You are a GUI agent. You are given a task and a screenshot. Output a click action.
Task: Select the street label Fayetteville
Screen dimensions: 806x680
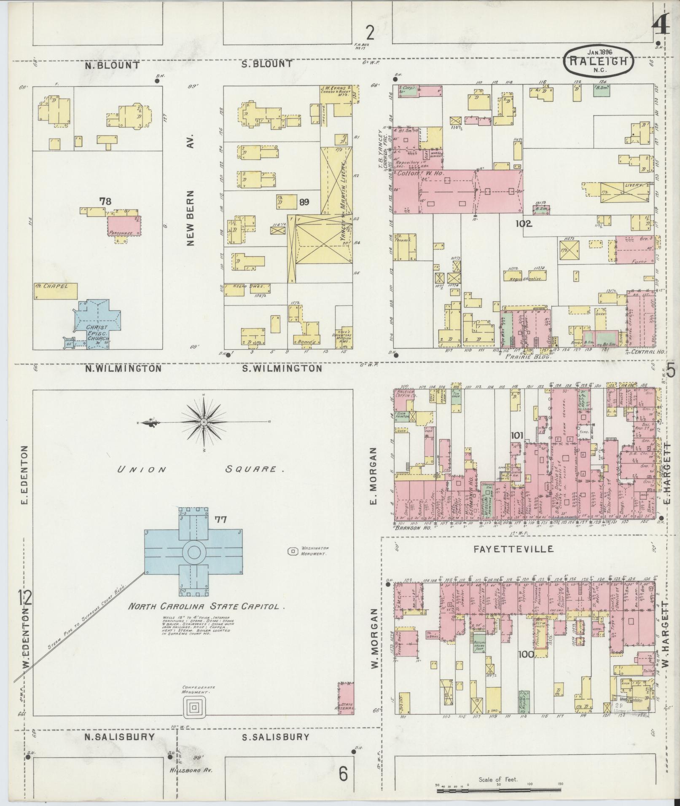tap(513, 549)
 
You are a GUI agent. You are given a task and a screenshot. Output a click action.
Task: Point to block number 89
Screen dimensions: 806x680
tap(304, 203)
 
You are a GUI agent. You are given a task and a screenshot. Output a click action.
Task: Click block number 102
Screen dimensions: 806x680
tap(523, 224)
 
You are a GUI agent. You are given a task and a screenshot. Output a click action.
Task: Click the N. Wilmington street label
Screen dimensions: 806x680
tap(123, 368)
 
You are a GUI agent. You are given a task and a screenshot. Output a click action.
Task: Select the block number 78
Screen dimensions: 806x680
tap(105, 201)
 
